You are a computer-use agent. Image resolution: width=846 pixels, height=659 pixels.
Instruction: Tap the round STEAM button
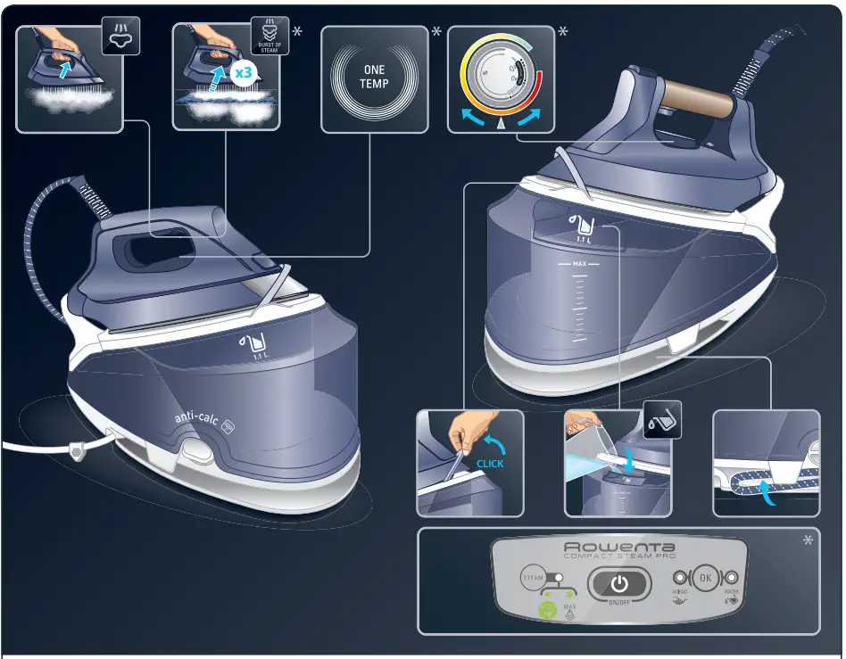point(533,578)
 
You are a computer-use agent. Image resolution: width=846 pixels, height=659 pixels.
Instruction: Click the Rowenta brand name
point(620,547)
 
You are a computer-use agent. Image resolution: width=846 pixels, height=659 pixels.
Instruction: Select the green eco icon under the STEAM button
point(544,609)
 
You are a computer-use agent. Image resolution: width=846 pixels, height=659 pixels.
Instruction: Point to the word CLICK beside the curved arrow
point(490,464)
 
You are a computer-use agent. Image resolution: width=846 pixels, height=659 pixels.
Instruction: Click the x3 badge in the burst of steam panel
point(242,74)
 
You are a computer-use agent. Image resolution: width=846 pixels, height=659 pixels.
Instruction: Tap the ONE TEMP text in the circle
point(374,77)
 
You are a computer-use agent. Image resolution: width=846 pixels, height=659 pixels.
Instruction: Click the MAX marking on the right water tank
point(579,264)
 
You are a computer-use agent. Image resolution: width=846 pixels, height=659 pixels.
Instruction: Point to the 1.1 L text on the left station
point(261,357)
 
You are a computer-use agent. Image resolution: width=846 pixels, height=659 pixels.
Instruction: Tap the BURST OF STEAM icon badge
point(269,35)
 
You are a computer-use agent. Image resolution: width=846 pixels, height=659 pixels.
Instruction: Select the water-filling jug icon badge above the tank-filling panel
point(663,419)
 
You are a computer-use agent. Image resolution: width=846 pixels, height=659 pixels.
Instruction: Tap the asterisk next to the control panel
point(809,540)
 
